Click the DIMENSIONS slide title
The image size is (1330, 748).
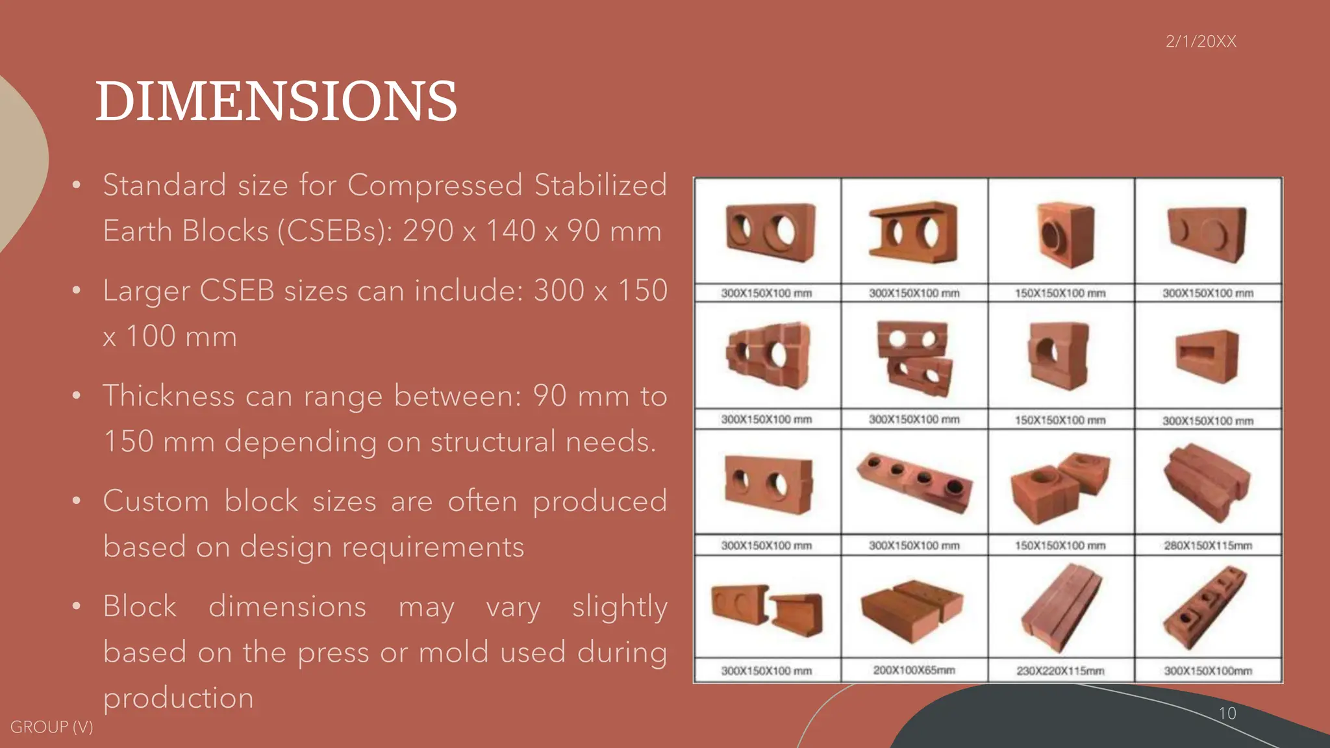pyautogui.click(x=276, y=101)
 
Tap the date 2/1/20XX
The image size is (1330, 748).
pyautogui.click(x=1201, y=42)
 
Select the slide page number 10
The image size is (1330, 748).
pyautogui.click(x=1227, y=713)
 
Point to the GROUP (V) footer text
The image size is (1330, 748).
pyautogui.click(x=51, y=727)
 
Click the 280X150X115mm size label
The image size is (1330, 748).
pyautogui.click(x=1208, y=545)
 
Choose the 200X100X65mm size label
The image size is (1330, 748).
pyautogui.click(x=914, y=670)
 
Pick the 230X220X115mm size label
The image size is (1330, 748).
pyautogui.click(x=1060, y=671)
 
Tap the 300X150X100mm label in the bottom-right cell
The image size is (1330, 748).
pyautogui.click(x=1208, y=671)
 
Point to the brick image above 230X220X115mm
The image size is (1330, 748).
pyautogui.click(x=1060, y=607)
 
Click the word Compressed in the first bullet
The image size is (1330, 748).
pyautogui.click(x=435, y=185)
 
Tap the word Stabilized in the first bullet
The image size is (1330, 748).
pyautogui.click(x=601, y=185)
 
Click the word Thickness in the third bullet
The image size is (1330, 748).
pyautogui.click(x=169, y=395)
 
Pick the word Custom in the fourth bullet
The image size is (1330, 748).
pyautogui.click(x=156, y=501)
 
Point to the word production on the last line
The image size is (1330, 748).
pyautogui.click(x=179, y=698)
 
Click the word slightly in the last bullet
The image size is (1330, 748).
pyautogui.click(x=620, y=607)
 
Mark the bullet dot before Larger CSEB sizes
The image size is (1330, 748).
pyautogui.click(x=77, y=290)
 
